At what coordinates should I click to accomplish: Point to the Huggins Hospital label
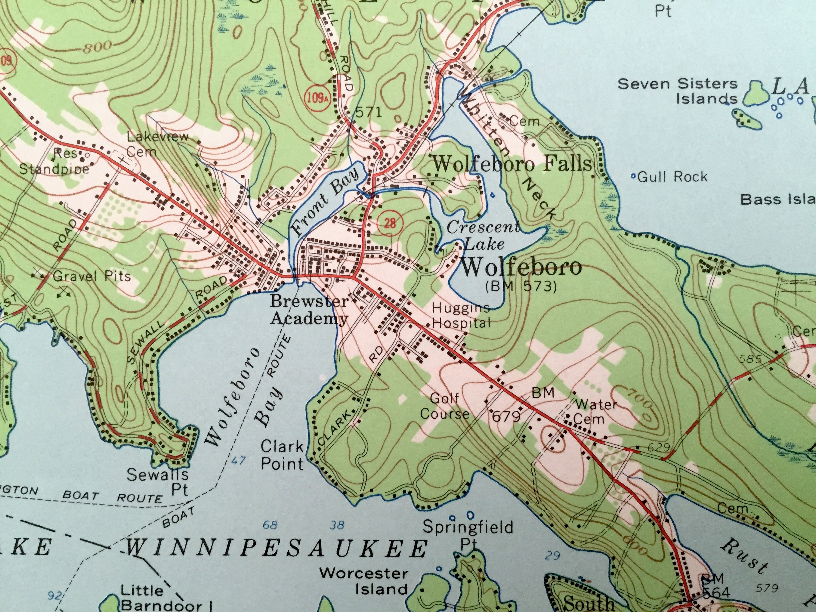(x=461, y=316)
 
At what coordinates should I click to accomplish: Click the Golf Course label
(x=444, y=406)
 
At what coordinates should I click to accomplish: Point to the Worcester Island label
(x=363, y=581)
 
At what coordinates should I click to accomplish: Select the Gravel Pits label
(x=92, y=276)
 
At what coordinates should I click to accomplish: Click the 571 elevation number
(x=369, y=113)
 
